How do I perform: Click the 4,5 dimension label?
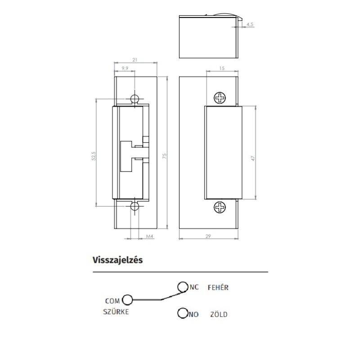pos(250,24)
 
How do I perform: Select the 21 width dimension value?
pos(135,60)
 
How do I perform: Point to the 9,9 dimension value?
pos(125,68)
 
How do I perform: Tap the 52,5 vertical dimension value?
pos(94,156)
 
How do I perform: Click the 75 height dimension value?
pos(164,156)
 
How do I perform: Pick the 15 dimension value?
pos(222,68)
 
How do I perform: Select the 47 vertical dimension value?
pos(253,158)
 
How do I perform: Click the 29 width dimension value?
pos(208,236)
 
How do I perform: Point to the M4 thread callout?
pos(149,236)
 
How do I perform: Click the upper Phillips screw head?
pos(220,98)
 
